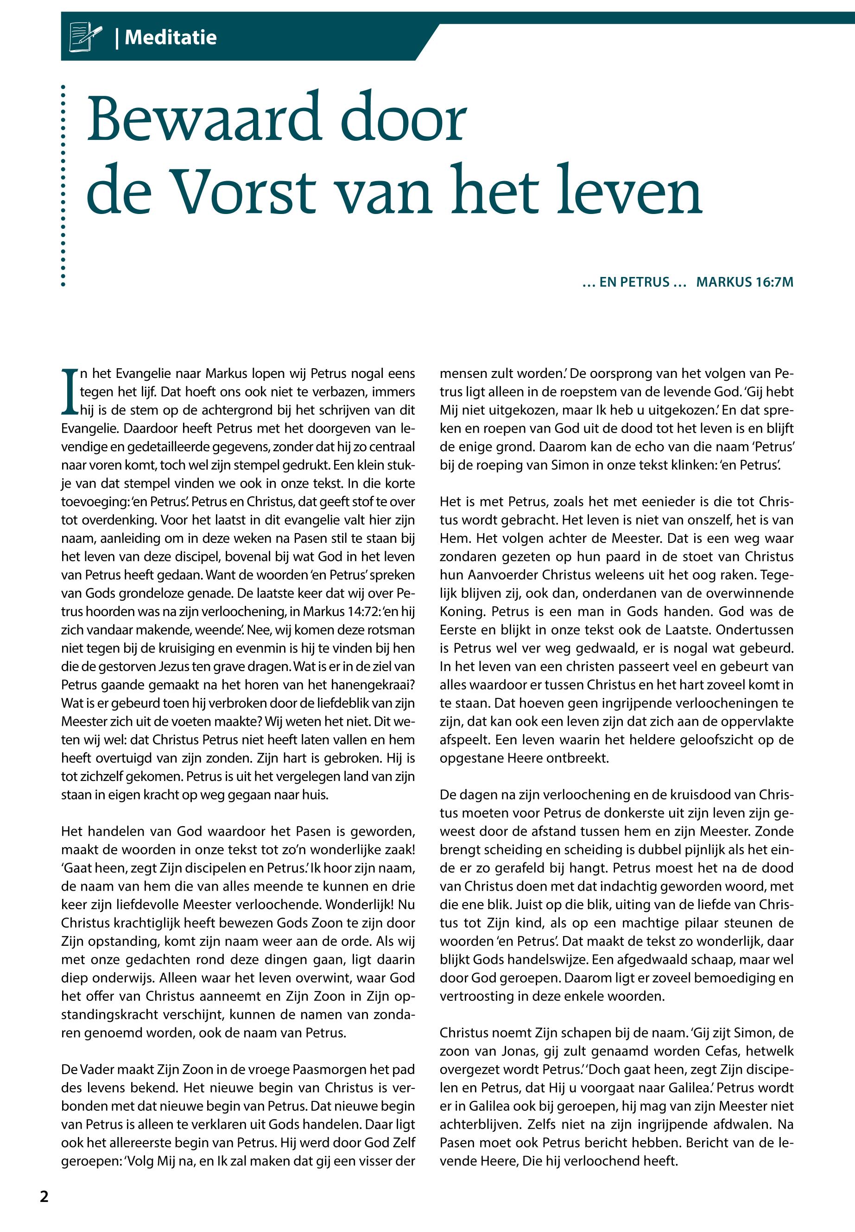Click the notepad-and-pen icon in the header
(x=86, y=37)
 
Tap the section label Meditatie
(x=171, y=38)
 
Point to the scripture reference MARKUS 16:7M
(x=744, y=282)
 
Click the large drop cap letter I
(x=70, y=391)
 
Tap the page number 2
(x=44, y=1196)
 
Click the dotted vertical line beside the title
(x=63, y=185)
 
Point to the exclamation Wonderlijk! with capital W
(x=360, y=905)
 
